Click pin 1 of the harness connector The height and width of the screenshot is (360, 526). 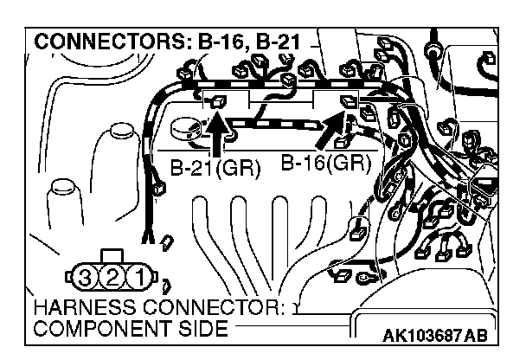coord(136,280)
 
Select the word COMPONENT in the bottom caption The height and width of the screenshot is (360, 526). coord(96,329)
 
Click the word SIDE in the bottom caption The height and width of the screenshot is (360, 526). coord(202,329)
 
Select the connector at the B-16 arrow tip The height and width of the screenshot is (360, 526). coord(350,104)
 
